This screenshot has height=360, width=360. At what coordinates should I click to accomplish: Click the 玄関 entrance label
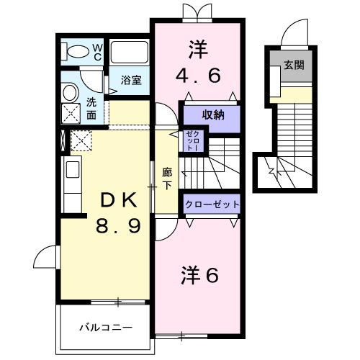292,65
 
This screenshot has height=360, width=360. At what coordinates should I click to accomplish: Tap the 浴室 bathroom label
130,80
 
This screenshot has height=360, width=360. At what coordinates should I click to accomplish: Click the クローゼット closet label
212,204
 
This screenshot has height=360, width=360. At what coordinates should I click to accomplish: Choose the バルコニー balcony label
105,327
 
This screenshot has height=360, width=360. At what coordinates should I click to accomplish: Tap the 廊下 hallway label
166,179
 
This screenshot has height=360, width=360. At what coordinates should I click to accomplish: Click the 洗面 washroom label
91,108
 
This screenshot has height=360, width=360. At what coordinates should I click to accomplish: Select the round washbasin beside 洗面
71,91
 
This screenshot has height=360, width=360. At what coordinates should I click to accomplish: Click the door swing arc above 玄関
295,33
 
